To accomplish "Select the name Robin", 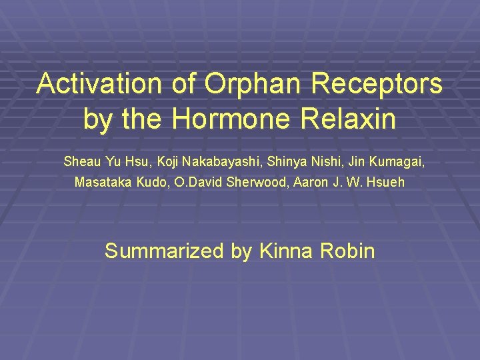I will pyautogui.click(x=347, y=251).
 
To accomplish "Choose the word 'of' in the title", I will pyautogui.click(x=187, y=84).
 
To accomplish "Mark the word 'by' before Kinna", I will pyautogui.click(x=241, y=251).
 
